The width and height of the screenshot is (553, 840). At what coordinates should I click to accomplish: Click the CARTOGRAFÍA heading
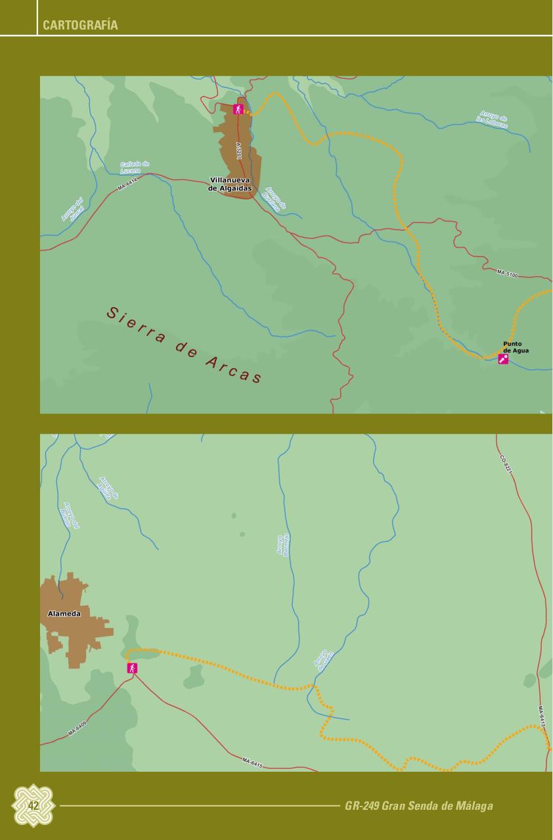click(x=80, y=26)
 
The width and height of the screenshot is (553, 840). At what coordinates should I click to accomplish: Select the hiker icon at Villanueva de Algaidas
click(x=238, y=110)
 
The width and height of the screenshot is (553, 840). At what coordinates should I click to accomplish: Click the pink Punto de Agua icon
click(x=503, y=359)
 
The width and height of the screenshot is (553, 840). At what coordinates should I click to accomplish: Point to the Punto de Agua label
click(x=515, y=347)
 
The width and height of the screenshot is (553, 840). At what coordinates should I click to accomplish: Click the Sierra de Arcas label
click(x=184, y=345)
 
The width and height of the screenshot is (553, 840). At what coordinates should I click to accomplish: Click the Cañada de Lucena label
click(x=135, y=167)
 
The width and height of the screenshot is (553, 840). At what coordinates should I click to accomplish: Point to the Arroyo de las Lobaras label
click(x=493, y=120)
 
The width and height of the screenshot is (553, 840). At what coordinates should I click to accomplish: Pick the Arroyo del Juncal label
click(x=72, y=210)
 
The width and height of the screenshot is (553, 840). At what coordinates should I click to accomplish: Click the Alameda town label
click(x=64, y=614)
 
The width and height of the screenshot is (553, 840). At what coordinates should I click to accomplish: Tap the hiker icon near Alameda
click(x=133, y=668)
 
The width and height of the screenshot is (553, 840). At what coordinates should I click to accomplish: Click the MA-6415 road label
click(x=252, y=761)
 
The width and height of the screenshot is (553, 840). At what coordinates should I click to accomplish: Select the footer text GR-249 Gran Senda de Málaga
click(x=418, y=806)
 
